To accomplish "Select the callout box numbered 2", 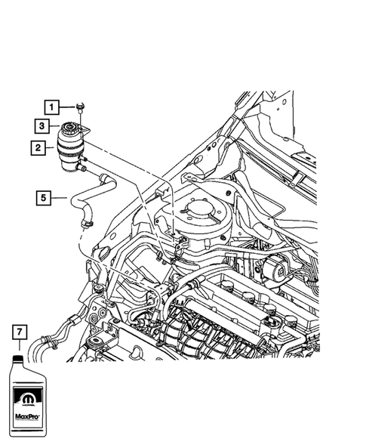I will (37, 148).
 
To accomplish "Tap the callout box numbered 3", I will (44, 127).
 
